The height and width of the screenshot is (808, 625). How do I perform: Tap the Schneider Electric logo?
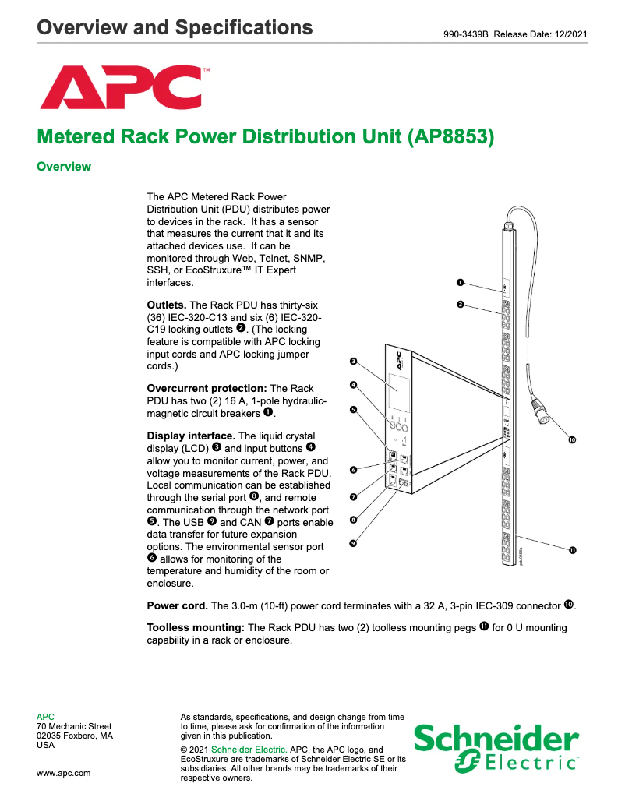(496, 749)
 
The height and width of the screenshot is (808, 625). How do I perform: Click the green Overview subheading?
(64, 167)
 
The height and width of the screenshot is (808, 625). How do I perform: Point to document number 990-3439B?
(464, 34)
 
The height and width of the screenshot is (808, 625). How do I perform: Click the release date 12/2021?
(566, 34)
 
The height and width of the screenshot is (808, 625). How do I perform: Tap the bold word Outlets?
(167, 305)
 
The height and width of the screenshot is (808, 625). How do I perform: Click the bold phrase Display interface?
(191, 436)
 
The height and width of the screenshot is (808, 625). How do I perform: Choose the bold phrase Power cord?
(177, 605)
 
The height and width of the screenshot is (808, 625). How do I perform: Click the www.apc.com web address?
(64, 773)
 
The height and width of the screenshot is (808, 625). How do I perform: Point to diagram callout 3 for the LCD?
(353, 362)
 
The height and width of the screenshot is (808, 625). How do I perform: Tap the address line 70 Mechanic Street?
(74, 726)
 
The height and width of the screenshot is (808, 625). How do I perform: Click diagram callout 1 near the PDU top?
(460, 282)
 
